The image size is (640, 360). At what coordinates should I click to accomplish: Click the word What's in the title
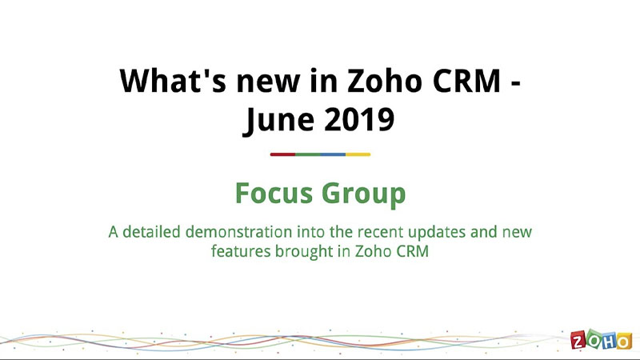[x=173, y=81]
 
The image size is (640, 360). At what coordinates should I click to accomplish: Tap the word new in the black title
[x=268, y=84]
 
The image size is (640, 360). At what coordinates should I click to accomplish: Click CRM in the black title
[x=466, y=81]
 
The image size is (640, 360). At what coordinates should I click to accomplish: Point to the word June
[x=279, y=120]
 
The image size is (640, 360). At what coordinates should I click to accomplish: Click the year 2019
[x=359, y=119]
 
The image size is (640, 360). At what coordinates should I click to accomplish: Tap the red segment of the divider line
[x=282, y=154]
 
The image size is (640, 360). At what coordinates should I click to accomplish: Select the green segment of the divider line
[x=308, y=154]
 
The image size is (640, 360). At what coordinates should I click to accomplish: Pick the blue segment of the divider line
[x=333, y=154]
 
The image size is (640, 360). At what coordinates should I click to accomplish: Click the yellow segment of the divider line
[x=358, y=154]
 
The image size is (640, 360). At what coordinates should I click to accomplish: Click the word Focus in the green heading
[x=274, y=193]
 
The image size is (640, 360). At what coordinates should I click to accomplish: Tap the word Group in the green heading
[x=364, y=194]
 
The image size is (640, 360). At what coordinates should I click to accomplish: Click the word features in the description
[x=241, y=250]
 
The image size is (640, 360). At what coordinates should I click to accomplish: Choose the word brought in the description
[x=304, y=251]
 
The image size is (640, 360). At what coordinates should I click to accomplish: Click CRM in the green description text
[x=413, y=251]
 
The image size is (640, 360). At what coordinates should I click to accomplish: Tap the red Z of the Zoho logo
[x=578, y=341]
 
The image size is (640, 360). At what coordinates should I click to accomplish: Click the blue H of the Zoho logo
[x=608, y=342]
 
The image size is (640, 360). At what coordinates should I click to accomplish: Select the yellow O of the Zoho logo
[x=624, y=342]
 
